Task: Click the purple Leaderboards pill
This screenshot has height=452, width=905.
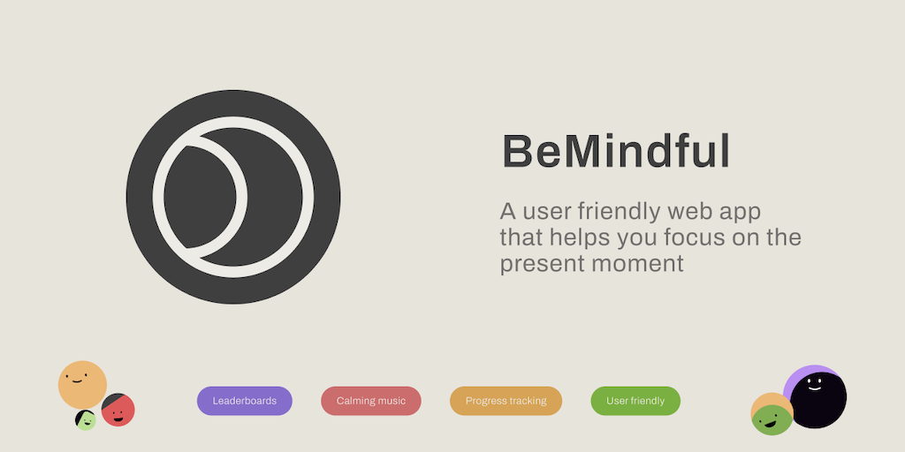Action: (x=245, y=401)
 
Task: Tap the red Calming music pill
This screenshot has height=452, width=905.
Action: (x=371, y=401)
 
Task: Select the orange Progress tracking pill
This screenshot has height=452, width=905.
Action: (x=506, y=401)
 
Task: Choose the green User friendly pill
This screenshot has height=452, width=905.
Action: (x=635, y=401)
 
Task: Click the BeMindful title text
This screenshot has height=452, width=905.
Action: (x=616, y=152)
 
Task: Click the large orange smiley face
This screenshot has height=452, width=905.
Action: (x=82, y=385)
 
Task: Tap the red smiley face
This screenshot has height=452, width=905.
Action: (x=118, y=411)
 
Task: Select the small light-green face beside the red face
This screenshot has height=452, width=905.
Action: (x=86, y=420)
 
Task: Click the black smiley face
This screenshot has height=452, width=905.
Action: (x=818, y=400)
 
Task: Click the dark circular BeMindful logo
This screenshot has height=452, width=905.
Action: (x=233, y=197)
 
